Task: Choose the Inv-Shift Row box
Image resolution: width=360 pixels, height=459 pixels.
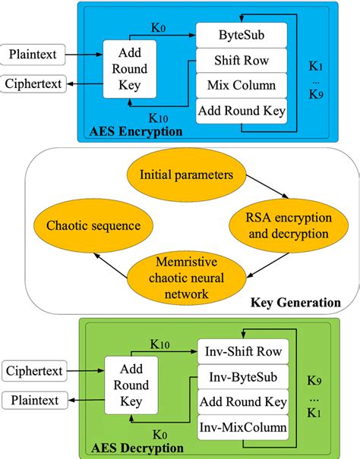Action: pos(242,351)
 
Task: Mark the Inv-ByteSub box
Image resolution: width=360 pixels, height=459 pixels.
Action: pos(242,376)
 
